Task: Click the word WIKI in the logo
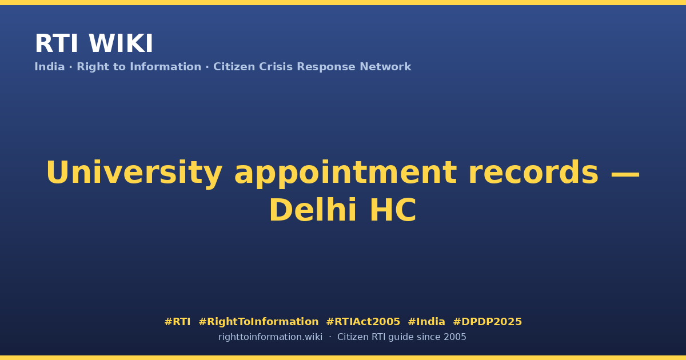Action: (x=121, y=43)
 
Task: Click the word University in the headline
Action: (x=134, y=173)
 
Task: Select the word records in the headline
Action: (x=533, y=173)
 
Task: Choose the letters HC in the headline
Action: (x=393, y=210)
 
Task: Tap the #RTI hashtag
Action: (x=177, y=322)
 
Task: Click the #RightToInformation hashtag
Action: (x=258, y=322)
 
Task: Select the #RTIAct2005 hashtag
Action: (x=363, y=322)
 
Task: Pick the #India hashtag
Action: (x=426, y=322)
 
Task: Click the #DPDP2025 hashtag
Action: (x=487, y=322)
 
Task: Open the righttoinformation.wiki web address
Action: (x=270, y=337)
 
